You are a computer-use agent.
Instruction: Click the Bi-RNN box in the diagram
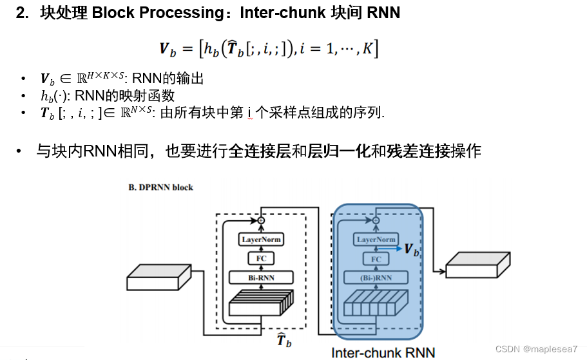pos(262,278)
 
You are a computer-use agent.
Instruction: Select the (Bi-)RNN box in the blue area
pos(376,278)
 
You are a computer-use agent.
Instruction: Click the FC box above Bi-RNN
pos(262,259)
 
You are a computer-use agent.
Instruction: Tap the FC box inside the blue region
pos(376,259)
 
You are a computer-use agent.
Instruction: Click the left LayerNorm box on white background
pos(262,240)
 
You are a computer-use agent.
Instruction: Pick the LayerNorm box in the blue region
pos(376,240)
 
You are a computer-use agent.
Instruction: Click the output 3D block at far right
pos(478,265)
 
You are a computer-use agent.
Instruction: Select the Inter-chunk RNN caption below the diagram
pos(383,352)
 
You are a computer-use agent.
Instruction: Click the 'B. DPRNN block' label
pos(160,187)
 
